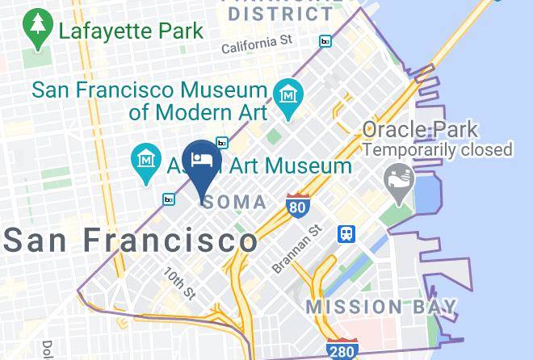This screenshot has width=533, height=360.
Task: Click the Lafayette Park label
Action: coord(130,32)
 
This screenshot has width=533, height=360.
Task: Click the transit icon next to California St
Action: coord(325,41)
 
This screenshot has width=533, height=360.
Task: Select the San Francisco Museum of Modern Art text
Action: coord(149,100)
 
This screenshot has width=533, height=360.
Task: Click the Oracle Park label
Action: coord(419,129)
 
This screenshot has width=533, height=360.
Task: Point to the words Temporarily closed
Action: coord(437,149)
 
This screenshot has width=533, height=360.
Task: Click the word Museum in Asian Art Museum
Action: coord(311,166)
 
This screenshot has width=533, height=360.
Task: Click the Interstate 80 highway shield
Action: coord(298,207)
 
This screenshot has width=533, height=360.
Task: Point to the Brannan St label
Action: coord(297,249)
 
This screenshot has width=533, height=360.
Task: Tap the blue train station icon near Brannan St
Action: coord(346,232)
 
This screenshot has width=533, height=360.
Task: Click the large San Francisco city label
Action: coord(130,240)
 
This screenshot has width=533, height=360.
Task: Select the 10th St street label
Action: coord(179,282)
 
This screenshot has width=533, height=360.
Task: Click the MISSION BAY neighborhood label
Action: coord(381,307)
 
